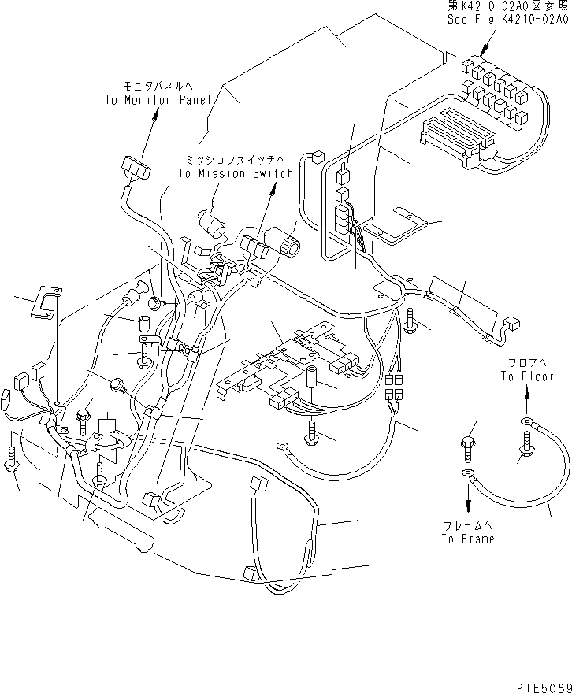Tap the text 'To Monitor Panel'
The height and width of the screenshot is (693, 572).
(x=158, y=100)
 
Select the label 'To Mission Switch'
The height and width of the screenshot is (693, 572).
(x=236, y=173)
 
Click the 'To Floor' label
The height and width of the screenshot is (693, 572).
(x=527, y=375)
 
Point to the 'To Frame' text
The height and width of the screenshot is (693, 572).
(x=468, y=539)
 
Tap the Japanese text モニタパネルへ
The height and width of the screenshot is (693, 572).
(x=154, y=85)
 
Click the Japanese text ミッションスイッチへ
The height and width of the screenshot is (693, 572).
(x=236, y=159)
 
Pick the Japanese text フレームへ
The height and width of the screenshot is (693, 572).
(x=468, y=525)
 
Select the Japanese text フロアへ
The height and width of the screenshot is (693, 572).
(x=526, y=362)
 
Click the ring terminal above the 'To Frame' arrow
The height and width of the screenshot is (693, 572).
(x=467, y=473)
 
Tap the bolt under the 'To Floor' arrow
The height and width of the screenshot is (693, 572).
(x=526, y=450)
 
